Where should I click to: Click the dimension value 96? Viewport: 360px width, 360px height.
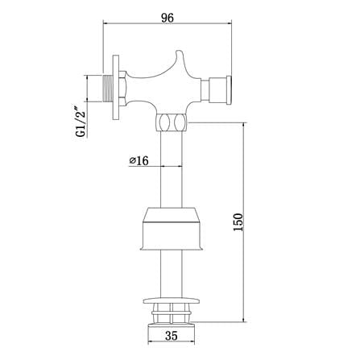pyautogui.click(x=168, y=18)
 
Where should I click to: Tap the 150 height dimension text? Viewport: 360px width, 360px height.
pyautogui.click(x=238, y=222)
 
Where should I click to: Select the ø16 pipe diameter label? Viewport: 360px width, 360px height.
pyautogui.click(x=139, y=160)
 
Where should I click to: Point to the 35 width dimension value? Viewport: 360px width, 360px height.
pyautogui.click(x=172, y=336)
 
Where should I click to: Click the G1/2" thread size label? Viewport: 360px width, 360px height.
pyautogui.click(x=81, y=122)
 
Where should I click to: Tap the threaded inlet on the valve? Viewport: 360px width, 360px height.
pyautogui.click(x=108, y=89)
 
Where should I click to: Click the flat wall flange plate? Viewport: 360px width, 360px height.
pyautogui.click(x=116, y=88)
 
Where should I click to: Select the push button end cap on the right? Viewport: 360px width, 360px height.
pyautogui.click(x=230, y=90)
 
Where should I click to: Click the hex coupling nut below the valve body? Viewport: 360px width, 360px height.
pyautogui.click(x=172, y=122)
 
